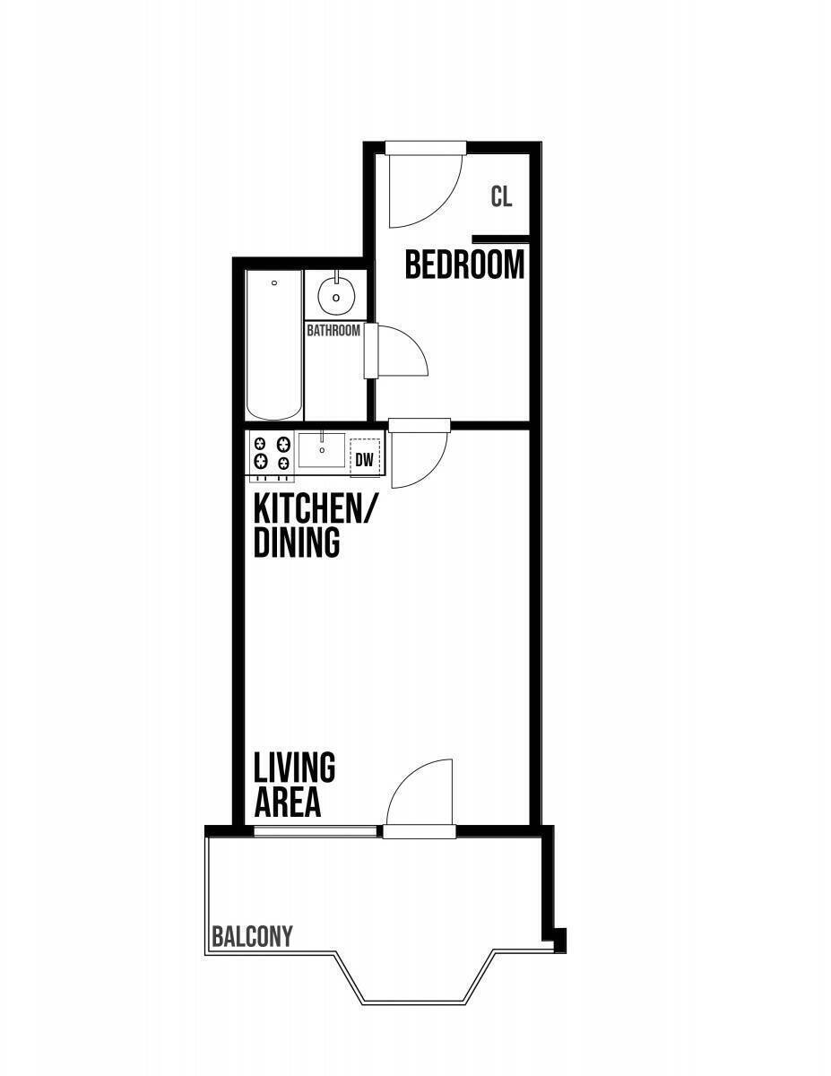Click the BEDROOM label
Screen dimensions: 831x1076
464,265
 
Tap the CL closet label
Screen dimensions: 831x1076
501,196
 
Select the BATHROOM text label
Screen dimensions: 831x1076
333,330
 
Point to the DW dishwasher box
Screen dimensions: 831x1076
365,460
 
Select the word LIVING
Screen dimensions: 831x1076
295,767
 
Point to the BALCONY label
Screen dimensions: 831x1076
252,936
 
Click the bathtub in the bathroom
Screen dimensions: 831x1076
274,344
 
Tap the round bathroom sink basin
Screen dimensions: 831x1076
336,296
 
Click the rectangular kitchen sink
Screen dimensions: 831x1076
322,449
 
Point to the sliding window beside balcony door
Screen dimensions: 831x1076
316,831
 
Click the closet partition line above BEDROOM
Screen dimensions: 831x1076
500,239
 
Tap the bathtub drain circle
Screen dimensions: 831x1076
274,283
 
